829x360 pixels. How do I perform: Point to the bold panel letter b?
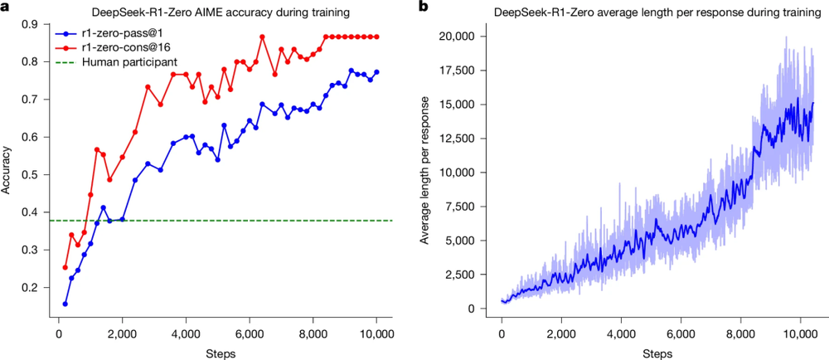click(x=424, y=7)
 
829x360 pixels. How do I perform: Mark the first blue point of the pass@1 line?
click(x=65, y=304)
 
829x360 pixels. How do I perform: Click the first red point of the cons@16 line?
click(x=65, y=267)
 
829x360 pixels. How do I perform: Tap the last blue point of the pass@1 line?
click(x=376, y=71)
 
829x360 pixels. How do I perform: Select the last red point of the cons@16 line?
click(x=376, y=36)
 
